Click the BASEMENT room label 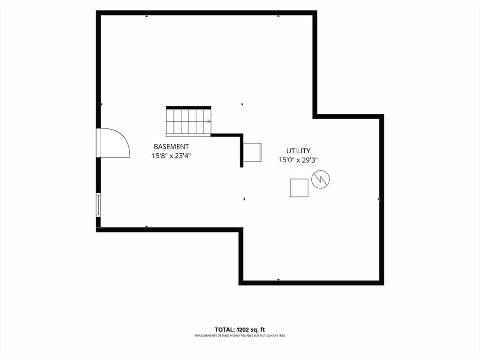171,147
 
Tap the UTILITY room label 298,150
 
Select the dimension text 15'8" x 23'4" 172,156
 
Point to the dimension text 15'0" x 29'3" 299,160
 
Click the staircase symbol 188,121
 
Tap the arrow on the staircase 209,121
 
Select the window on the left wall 98,205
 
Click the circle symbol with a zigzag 321,179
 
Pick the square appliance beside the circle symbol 299,188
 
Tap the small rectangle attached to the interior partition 252,152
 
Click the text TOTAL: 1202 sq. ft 240,330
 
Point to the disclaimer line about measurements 240,336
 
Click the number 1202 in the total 244,330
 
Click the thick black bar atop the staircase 188,107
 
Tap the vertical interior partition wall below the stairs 241,150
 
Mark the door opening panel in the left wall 98,143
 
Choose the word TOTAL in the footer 225,330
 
